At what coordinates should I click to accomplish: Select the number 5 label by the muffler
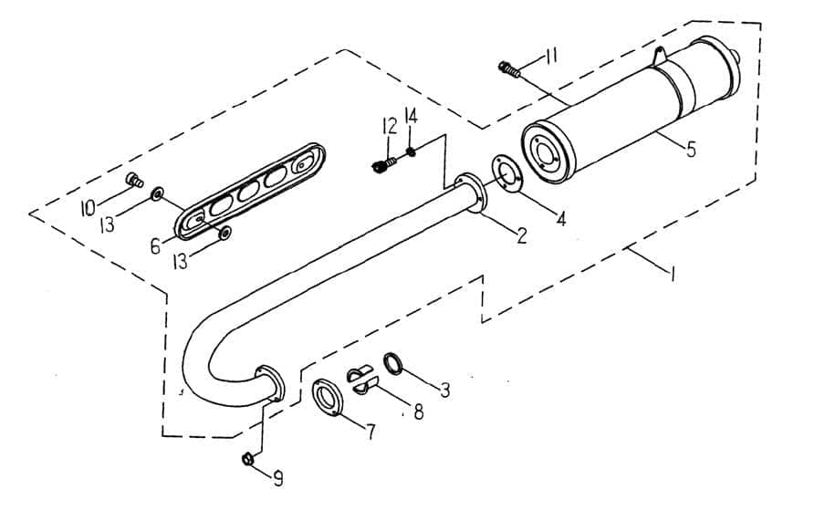691,150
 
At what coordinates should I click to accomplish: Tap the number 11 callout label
550,57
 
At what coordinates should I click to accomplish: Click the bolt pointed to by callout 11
508,68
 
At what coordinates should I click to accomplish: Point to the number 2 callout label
520,235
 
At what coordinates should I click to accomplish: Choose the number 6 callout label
155,245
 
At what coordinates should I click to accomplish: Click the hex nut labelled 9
247,458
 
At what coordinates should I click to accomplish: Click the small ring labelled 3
392,364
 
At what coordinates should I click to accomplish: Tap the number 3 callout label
444,391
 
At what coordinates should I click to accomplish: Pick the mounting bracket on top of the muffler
658,56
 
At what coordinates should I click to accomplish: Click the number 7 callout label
370,432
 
